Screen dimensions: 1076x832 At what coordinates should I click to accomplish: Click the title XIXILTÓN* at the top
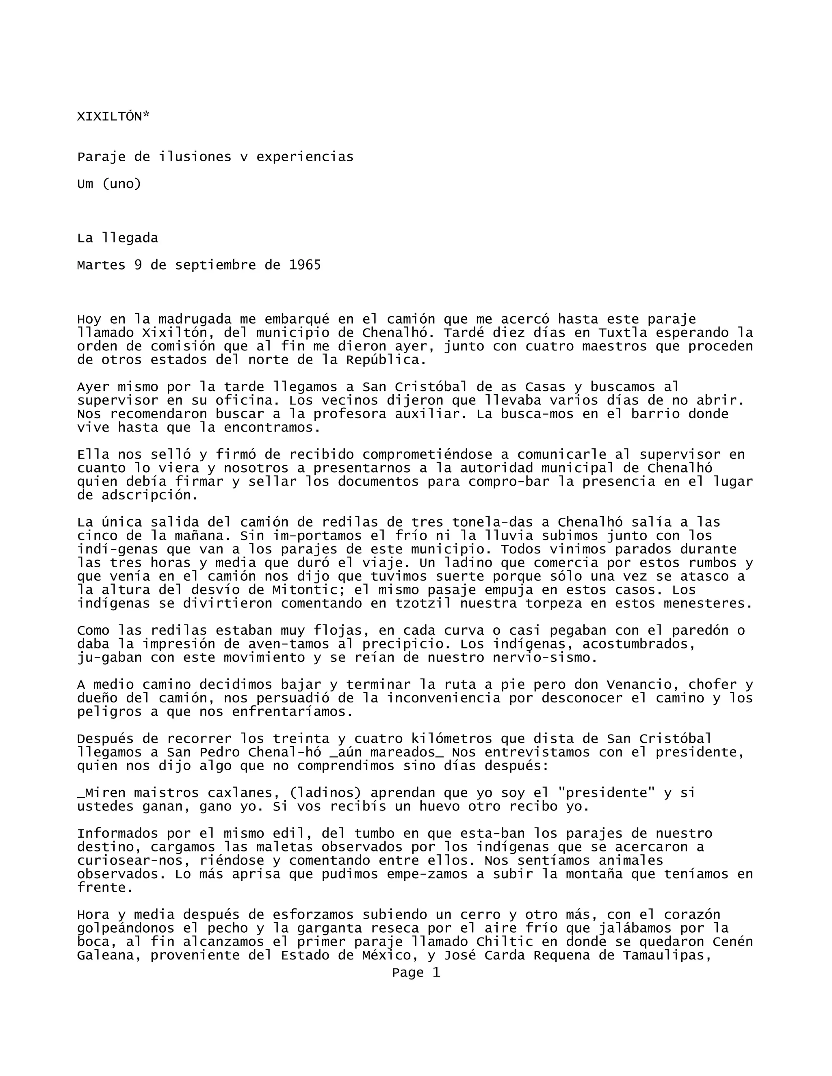(x=113, y=117)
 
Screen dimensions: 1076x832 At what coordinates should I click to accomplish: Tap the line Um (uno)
(x=109, y=184)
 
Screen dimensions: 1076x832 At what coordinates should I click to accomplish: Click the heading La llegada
(x=117, y=238)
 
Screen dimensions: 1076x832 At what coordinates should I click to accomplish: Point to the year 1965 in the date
(x=305, y=266)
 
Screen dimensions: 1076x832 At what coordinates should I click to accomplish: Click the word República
(x=386, y=360)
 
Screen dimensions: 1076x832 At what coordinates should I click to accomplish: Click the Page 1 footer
(x=416, y=972)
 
